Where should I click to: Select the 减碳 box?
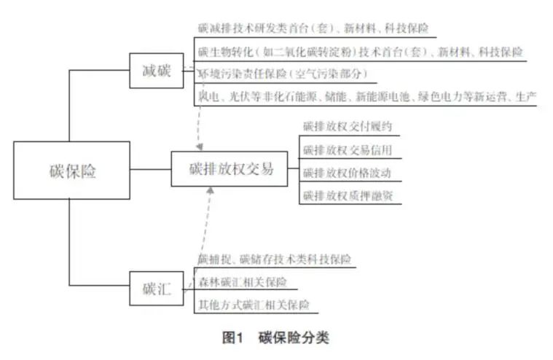[x=157, y=71]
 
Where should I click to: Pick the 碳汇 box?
[x=157, y=289]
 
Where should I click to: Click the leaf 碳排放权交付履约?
[x=348, y=127]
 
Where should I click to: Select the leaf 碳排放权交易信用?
[x=348, y=150]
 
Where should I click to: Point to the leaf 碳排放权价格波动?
[x=348, y=173]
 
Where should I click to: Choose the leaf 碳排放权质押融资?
[x=348, y=195]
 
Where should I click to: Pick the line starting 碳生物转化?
[x=360, y=52]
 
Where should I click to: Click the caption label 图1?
[x=232, y=337]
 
